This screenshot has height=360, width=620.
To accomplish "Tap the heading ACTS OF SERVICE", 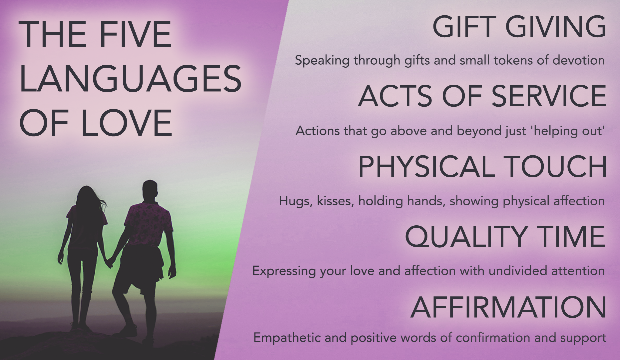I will tap(482, 96).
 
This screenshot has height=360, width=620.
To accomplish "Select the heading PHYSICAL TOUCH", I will tap(482, 166).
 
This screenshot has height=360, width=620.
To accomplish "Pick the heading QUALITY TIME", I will tap(505, 237).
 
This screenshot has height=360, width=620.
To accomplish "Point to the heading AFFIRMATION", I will tap(508, 307).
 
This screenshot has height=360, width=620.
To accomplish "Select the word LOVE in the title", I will tap(126, 123).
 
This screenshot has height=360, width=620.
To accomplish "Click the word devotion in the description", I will tap(578, 60).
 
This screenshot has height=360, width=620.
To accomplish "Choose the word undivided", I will tap(518, 271).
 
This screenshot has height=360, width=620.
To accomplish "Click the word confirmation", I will tap(493, 338).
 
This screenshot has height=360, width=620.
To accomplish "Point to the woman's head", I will tap(87, 195).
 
